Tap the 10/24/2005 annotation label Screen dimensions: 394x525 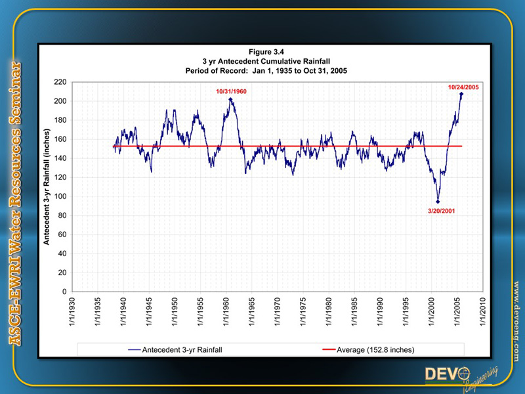[x=464, y=86]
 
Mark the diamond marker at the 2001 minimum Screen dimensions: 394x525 [x=438, y=202]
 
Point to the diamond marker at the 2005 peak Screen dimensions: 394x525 [x=461, y=94]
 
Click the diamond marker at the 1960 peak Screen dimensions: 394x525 [x=230, y=100]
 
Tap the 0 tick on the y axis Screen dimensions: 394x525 [x=65, y=292]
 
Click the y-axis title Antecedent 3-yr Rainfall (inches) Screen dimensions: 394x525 [x=47, y=186]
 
